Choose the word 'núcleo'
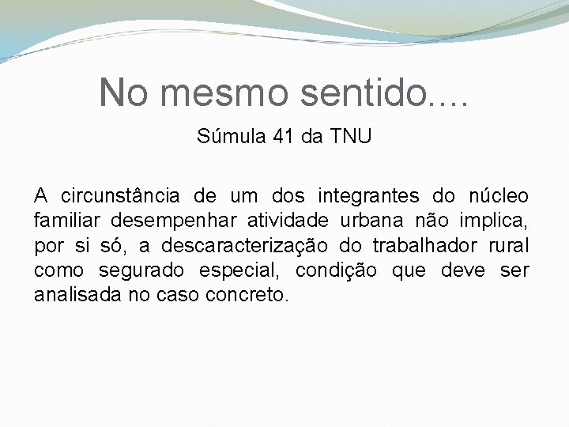pos(499,195)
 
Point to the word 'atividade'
pos(273,220)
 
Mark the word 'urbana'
pos(375,220)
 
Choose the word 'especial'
pos(243,271)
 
